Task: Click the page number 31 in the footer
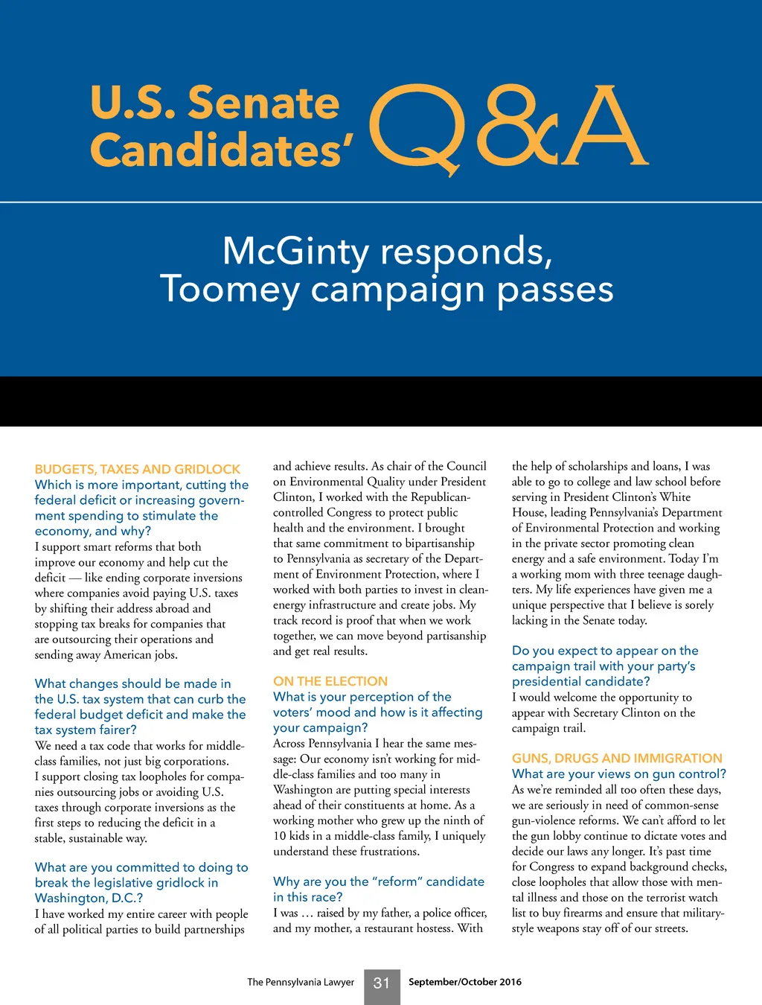[382, 983]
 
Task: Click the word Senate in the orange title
[263, 103]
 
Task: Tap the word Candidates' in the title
[221, 150]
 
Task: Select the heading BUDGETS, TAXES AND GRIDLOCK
[138, 469]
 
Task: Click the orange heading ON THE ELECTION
[330, 681]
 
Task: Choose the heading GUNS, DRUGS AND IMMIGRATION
[617, 758]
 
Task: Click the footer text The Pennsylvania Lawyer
[301, 982]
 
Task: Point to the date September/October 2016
[465, 982]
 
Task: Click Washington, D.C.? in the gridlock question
[89, 898]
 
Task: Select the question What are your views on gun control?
[619, 773]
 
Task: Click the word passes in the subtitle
[555, 289]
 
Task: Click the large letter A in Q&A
[604, 127]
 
